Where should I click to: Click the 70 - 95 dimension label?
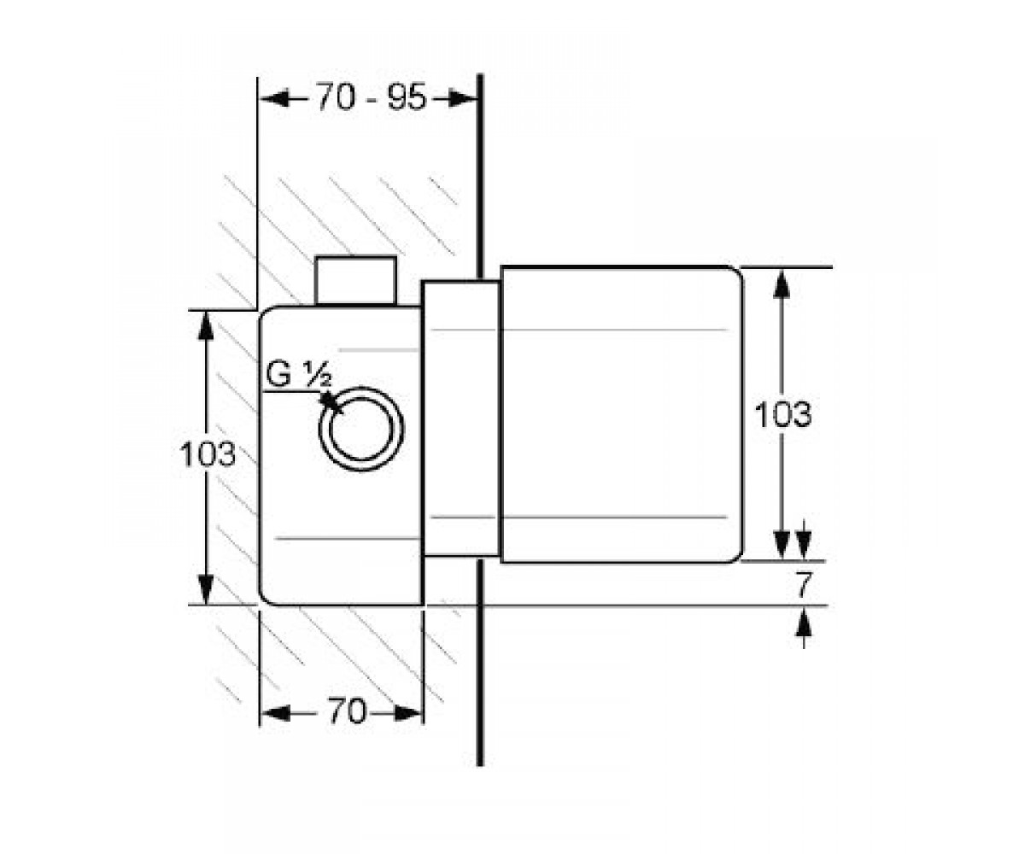click(371, 97)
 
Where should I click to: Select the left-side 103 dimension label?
click(208, 453)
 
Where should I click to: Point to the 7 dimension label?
click(802, 585)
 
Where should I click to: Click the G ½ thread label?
click(298, 375)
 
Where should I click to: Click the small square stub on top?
click(355, 280)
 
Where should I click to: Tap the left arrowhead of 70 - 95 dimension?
click(274, 99)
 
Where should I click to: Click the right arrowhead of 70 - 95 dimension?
click(464, 99)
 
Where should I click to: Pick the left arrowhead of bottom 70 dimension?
click(275, 714)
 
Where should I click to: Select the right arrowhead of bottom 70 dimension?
click(408, 714)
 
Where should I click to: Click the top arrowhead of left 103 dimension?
click(206, 326)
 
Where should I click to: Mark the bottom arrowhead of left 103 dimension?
click(206, 589)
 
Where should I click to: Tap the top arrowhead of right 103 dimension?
click(781, 284)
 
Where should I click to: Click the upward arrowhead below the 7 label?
click(803, 622)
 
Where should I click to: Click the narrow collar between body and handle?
click(461, 418)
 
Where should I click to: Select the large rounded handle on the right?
click(622, 413)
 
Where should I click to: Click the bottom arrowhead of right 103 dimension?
click(781, 545)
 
